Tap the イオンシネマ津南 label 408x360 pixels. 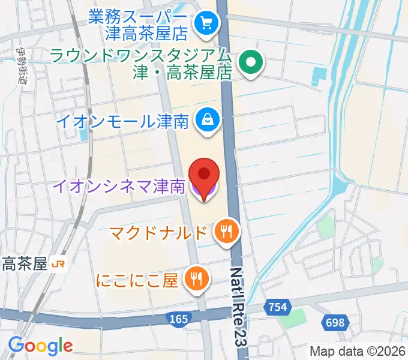click(x=118, y=187)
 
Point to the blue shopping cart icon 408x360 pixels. click(x=207, y=23)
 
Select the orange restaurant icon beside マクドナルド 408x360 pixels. click(x=226, y=231)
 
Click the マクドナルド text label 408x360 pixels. click(x=159, y=232)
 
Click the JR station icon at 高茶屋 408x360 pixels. click(x=59, y=264)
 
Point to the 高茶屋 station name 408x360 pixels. click(x=25, y=264)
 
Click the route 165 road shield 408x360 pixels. click(x=178, y=319)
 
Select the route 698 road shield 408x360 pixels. click(x=335, y=323)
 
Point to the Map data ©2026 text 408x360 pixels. click(x=356, y=351)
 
